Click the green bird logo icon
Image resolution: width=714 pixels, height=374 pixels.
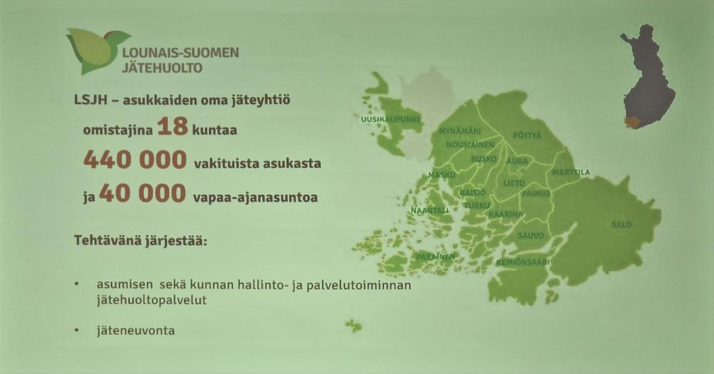(96, 51)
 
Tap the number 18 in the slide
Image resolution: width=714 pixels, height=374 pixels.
(173, 126)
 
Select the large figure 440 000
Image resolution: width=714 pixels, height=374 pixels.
(135, 160)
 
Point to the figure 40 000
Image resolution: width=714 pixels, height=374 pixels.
(143, 193)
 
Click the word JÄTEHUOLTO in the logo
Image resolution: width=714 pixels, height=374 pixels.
(163, 69)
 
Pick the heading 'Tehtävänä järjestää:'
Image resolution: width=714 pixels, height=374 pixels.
(141, 241)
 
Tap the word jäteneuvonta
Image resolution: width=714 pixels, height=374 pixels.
(136, 330)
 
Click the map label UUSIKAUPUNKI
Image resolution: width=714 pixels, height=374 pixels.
(391, 120)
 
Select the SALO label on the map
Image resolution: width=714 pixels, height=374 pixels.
(621, 224)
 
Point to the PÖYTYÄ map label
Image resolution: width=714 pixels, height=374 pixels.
(528, 136)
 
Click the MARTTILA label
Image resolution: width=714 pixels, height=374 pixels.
(571, 173)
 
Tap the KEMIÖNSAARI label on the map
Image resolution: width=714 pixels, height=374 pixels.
(523, 263)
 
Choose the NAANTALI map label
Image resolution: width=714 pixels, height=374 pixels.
(430, 211)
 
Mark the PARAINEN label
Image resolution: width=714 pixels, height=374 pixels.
(436, 257)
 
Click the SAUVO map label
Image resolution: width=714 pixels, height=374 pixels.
(531, 236)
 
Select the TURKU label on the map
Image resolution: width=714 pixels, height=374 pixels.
(477, 206)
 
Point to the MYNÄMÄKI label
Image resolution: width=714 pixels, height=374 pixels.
(460, 131)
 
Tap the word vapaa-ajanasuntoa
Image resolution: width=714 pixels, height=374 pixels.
(256, 198)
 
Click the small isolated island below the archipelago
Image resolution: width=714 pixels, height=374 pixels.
(353, 325)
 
